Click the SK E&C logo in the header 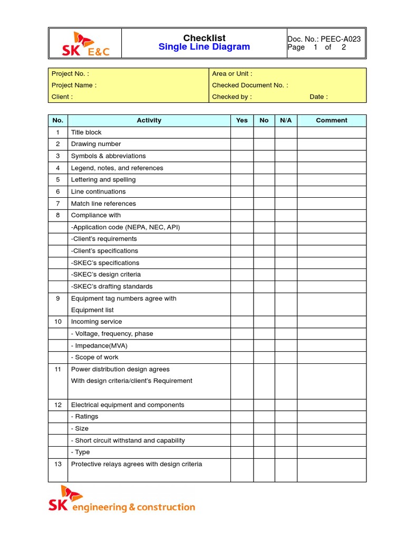[85, 44]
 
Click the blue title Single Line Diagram [204, 47]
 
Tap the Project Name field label [74, 85]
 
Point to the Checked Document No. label [250, 85]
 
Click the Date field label [319, 97]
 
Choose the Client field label [62, 97]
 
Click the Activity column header [149, 120]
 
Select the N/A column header [286, 120]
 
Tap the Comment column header [331, 120]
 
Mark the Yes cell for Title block [242, 132]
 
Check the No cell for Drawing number [264, 144]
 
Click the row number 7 [58, 204]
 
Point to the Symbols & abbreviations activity [108, 156]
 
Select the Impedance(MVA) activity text [99, 345]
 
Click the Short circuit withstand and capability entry [128, 440]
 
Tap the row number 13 [58, 464]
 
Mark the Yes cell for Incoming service [242, 322]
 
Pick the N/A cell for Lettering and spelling [286, 180]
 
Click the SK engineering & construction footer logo [122, 500]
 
